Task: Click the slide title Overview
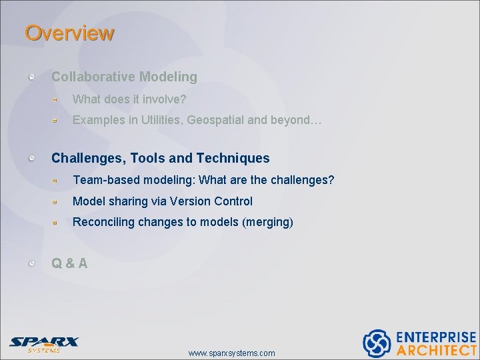(x=69, y=33)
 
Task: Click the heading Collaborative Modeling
(x=124, y=77)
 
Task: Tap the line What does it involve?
(x=129, y=99)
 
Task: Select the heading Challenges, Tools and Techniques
(x=160, y=158)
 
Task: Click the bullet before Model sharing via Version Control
(x=57, y=201)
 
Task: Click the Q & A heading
(x=69, y=263)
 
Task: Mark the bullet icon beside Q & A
(x=32, y=263)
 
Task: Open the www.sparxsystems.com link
(x=231, y=353)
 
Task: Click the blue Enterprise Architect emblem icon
(x=377, y=343)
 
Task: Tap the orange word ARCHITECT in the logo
(x=437, y=350)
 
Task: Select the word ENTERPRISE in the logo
(x=437, y=337)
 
